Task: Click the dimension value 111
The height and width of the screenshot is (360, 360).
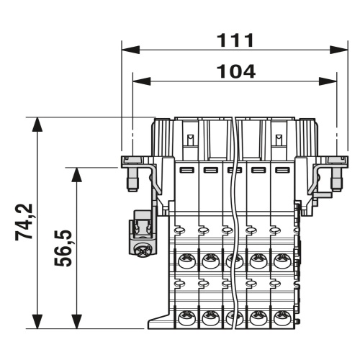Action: (235, 40)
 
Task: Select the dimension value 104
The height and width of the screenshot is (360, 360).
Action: (236, 71)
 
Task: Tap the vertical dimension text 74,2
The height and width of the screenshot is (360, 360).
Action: (24, 222)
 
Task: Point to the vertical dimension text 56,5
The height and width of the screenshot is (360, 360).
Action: (63, 248)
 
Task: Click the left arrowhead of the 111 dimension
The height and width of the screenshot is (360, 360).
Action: (131, 50)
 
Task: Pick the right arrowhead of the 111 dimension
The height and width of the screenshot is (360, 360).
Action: (339, 50)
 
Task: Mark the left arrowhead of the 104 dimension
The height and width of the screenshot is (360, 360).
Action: (142, 81)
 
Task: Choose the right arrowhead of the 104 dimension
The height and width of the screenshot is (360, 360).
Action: (328, 81)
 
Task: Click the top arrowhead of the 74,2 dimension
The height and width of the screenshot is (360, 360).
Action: (37, 125)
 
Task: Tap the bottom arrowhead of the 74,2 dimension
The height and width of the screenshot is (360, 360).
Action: (37, 322)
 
